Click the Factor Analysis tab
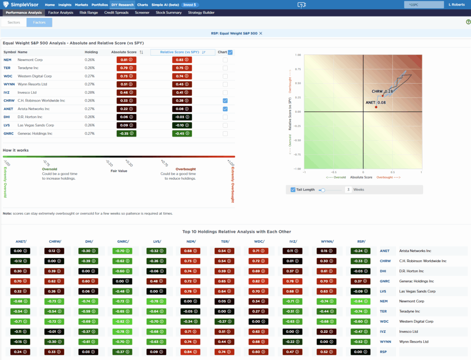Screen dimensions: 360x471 pyautogui.click(x=61, y=12)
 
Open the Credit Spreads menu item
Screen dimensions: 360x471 pyautogui.click(x=117, y=12)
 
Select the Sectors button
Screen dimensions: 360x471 pyautogui.click(x=14, y=22)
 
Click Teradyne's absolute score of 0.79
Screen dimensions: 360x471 pyautogui.click(x=124, y=68)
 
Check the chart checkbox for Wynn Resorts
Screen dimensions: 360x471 pyautogui.click(x=225, y=84)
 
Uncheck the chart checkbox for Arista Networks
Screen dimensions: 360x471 pyautogui.click(x=225, y=109)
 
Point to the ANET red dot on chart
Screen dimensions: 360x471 pyautogui.click(x=376, y=107)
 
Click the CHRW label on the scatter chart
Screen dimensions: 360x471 pyautogui.click(x=377, y=91)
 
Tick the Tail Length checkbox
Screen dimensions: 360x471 pyautogui.click(x=293, y=189)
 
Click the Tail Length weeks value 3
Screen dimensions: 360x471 pyautogui.click(x=349, y=189)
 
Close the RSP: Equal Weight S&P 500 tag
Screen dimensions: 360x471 pyautogui.click(x=261, y=34)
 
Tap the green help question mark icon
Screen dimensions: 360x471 pyautogui.click(x=468, y=22)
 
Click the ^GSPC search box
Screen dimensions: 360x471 pyautogui.click(x=419, y=5)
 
